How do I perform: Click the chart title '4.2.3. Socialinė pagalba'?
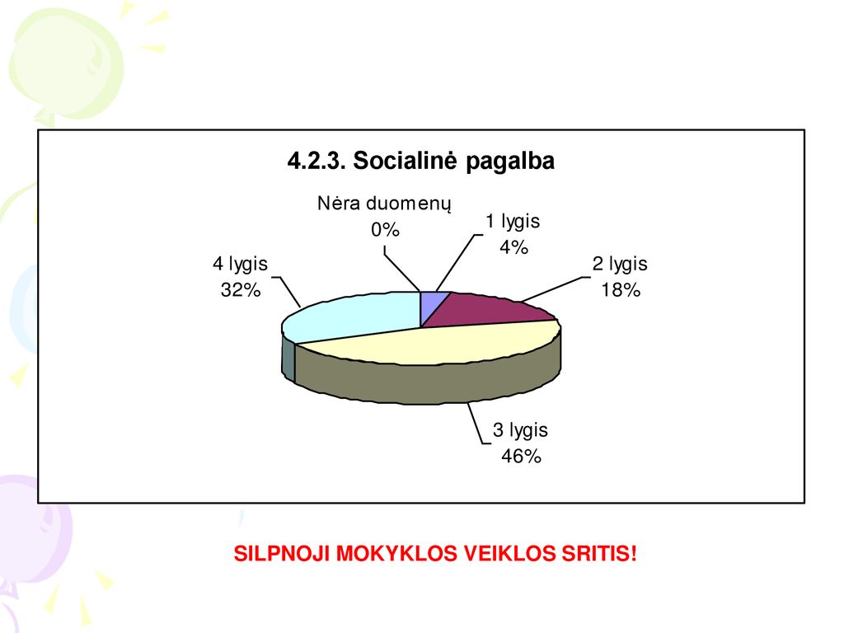click(421, 161)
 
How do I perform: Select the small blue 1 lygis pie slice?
click(432, 304)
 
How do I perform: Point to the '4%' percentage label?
click(513, 247)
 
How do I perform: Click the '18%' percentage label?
click(621, 290)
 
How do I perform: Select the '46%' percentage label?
click(521, 457)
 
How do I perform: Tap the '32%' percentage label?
click(241, 290)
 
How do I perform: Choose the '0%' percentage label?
click(385, 231)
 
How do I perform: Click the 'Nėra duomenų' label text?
click(384, 204)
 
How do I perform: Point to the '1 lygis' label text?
click(513, 222)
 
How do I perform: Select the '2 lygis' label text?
click(620, 265)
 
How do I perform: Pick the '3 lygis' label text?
click(521, 430)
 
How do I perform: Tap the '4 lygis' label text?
click(240, 265)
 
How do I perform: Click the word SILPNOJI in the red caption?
click(281, 554)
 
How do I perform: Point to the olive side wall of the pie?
click(430, 382)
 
